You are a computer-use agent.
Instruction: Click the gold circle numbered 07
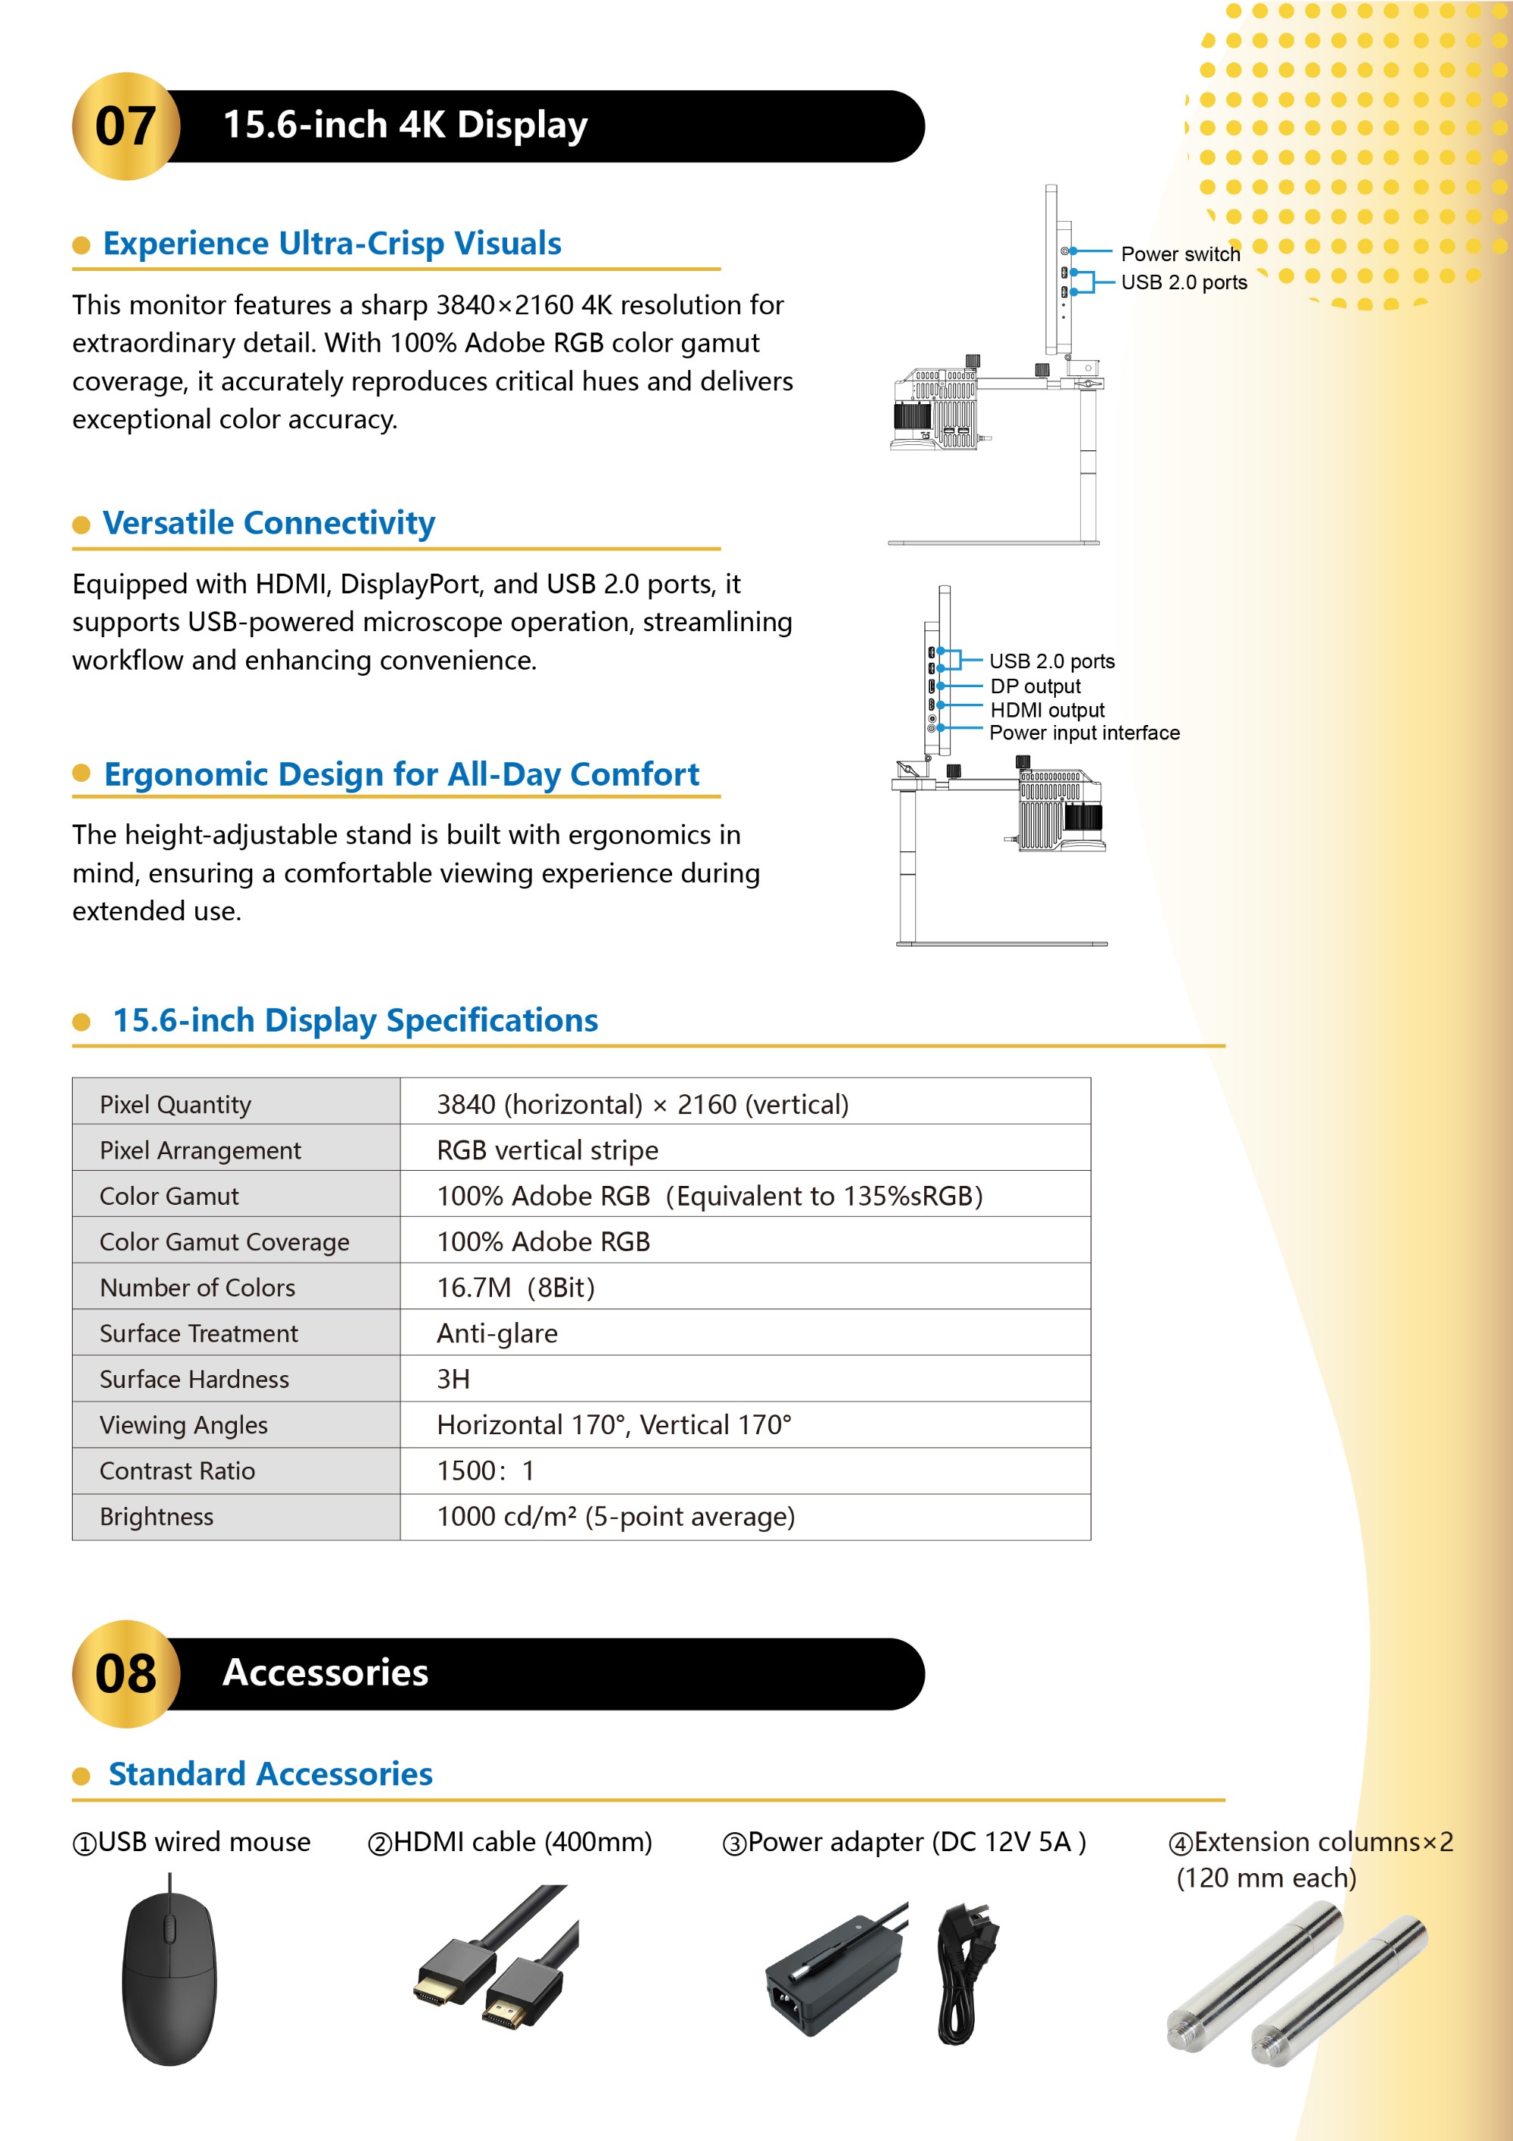tap(126, 126)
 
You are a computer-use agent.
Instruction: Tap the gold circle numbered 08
tap(126, 1674)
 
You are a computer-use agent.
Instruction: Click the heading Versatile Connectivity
tap(269, 523)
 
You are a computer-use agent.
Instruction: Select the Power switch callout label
tap(1180, 254)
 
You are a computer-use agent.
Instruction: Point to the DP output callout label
tap(1035, 686)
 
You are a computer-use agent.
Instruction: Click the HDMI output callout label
tap(1047, 711)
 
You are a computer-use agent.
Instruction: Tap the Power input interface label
tap(1084, 733)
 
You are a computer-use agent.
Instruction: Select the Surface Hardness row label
tap(194, 1379)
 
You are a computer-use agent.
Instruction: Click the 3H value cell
tap(453, 1379)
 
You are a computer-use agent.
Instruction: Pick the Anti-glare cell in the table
tap(497, 1333)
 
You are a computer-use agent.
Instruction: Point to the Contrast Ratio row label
tap(177, 1471)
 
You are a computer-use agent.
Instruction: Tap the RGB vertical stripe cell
tap(547, 1150)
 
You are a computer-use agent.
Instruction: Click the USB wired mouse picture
tap(170, 1977)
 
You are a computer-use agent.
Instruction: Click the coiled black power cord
tap(966, 1972)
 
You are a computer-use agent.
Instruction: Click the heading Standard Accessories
tap(270, 1774)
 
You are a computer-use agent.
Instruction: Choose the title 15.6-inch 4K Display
tap(406, 125)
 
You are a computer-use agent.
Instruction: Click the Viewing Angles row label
tap(184, 1425)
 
